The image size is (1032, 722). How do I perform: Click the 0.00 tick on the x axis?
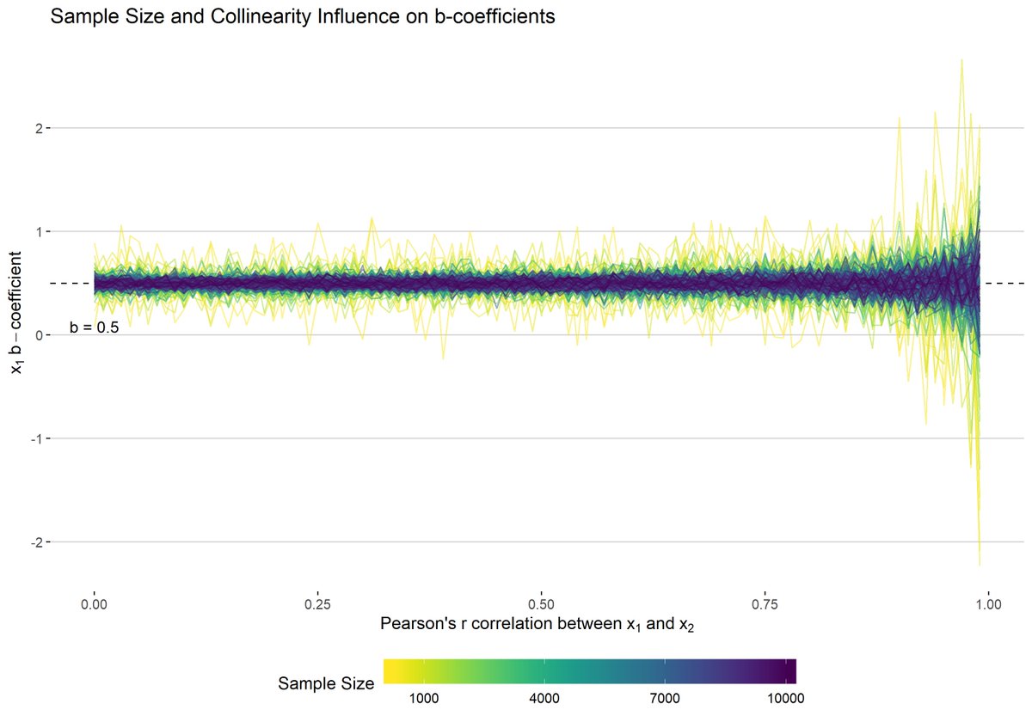tap(94, 603)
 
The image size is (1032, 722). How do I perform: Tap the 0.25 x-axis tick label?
tap(317, 603)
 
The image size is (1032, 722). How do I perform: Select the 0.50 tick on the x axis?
tap(541, 603)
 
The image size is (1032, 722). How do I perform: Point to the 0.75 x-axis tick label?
tap(765, 603)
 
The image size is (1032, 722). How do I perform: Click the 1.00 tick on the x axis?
tap(988, 603)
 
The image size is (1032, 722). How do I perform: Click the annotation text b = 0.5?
tap(94, 327)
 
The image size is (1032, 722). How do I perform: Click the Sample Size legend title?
tap(326, 684)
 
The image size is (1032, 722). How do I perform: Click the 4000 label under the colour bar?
tap(545, 697)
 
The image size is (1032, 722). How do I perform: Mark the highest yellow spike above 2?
tap(961, 60)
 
